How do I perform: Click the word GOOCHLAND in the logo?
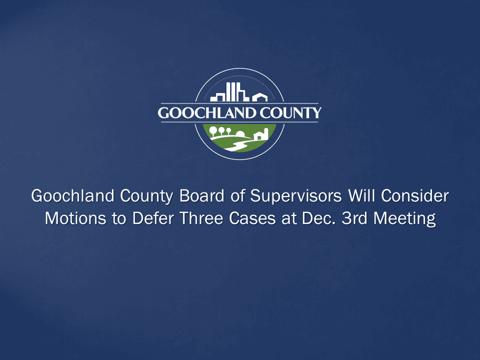click(x=202, y=113)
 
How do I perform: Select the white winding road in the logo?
click(x=237, y=145)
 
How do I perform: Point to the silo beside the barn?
click(x=266, y=133)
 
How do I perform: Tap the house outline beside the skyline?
click(x=259, y=97)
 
